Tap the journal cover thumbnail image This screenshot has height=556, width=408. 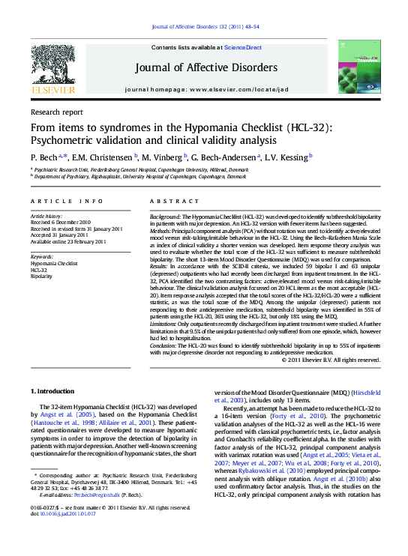click(x=358, y=68)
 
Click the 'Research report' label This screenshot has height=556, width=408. click(x=56, y=112)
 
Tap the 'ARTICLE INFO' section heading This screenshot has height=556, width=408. click(x=67, y=202)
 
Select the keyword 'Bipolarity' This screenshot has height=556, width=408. click(x=41, y=277)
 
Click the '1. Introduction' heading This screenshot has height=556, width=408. click(x=52, y=392)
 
